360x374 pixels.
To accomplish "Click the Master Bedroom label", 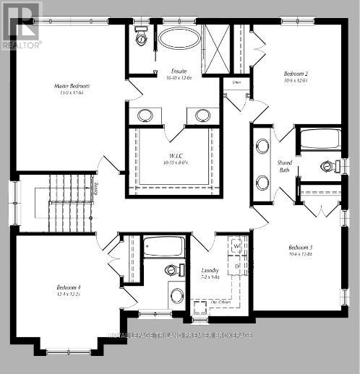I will coord(71,86).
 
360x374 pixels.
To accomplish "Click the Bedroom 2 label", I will coord(296,74).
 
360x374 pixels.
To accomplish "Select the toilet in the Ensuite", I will coord(140,36).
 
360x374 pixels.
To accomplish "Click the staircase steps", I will coord(69,202).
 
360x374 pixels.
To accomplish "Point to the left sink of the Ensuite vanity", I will coord(145,115).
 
